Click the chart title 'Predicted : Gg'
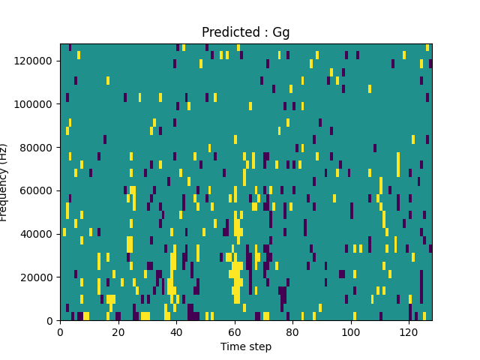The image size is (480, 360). (246, 32)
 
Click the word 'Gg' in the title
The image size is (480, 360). (281, 33)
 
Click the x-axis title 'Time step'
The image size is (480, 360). (246, 346)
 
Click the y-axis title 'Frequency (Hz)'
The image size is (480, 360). (5, 182)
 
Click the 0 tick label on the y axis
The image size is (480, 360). (51, 321)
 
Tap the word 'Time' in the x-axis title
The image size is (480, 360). (233, 346)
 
